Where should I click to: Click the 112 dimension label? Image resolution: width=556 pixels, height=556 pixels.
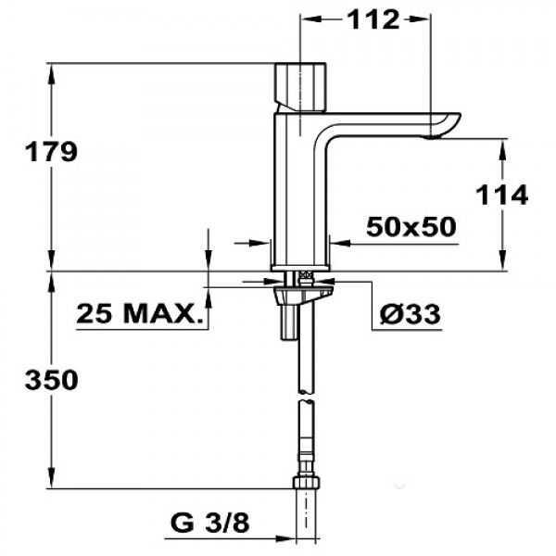coord(373,19)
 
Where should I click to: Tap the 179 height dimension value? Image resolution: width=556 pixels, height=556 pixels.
coord(51,151)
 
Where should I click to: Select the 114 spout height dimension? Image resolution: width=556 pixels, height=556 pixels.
coord(501,195)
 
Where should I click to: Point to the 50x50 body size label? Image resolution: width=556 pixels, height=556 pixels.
coord(411,227)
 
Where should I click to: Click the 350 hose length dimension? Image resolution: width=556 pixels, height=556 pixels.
coord(51,380)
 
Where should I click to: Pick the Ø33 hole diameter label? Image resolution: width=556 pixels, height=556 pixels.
coord(410,313)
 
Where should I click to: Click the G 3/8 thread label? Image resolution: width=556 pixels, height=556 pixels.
coord(210,523)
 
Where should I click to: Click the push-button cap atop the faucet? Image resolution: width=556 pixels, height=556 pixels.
coord(300,86)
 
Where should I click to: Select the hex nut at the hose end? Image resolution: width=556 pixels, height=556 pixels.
coord(307,482)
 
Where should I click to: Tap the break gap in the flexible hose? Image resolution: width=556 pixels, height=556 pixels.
coord(307,397)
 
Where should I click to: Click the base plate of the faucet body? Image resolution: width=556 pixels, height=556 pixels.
coord(300,269)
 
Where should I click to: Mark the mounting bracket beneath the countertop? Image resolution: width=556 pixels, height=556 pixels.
coord(304,295)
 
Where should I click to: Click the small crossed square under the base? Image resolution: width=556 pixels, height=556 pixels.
coord(306,275)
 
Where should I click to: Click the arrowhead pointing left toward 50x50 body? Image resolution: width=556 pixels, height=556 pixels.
coord(341,243)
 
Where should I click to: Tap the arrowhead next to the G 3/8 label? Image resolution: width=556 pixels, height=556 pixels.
coord(284,538)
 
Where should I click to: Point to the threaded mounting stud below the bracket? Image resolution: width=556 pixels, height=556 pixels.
coord(287,322)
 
